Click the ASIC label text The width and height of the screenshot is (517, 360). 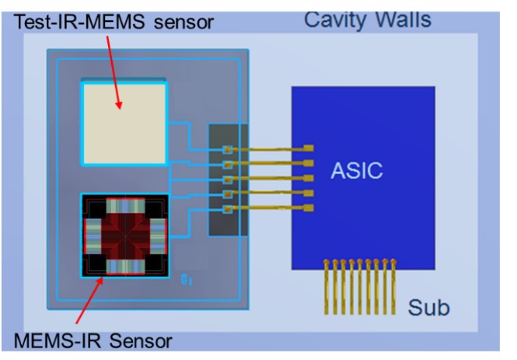[x=356, y=171]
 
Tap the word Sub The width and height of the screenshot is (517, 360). [x=428, y=308]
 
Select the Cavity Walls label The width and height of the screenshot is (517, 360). [x=367, y=20]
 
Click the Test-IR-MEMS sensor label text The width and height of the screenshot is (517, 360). [x=114, y=22]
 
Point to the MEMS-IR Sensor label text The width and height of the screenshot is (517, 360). [x=93, y=340]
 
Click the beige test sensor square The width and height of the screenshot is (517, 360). [x=125, y=124]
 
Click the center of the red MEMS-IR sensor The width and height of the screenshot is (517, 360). [x=125, y=235]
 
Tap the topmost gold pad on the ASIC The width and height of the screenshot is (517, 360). [x=309, y=148]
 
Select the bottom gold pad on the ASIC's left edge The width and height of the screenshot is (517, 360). [x=309, y=208]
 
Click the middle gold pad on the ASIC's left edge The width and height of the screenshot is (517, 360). [x=309, y=178]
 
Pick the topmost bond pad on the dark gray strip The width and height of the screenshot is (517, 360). [x=227, y=149]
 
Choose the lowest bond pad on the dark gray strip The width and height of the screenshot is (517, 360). [x=227, y=209]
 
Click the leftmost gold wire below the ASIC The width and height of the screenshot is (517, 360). [x=327, y=287]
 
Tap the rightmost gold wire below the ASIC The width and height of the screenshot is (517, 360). [x=393, y=287]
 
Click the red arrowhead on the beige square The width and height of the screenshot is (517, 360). [x=119, y=105]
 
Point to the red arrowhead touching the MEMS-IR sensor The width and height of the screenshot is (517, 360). [x=99, y=282]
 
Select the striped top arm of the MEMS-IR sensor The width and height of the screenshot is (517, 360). [x=125, y=206]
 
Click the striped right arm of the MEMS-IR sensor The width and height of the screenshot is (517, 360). [x=158, y=236]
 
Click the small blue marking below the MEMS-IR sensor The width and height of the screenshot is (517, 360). [x=186, y=280]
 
